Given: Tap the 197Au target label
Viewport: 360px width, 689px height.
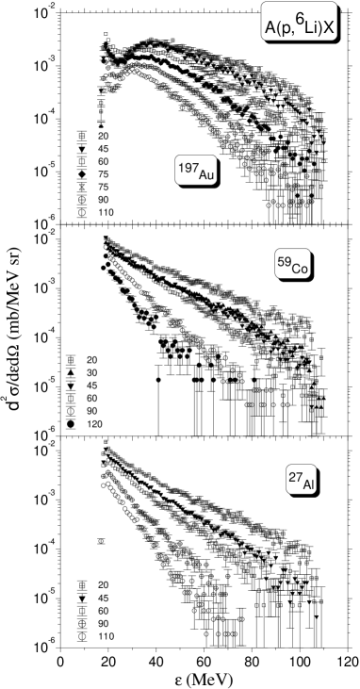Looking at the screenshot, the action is click(x=196, y=171).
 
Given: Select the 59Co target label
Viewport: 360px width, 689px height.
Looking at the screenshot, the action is click(x=292, y=267).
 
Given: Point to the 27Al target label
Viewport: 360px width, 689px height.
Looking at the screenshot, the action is click(x=302, y=480).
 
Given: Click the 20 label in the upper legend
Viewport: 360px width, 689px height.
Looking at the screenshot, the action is click(x=103, y=136).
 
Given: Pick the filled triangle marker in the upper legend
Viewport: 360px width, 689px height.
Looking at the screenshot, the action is click(x=81, y=149).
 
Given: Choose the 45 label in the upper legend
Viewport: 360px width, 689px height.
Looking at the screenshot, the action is click(x=103, y=149).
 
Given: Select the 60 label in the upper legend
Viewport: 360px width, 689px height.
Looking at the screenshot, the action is click(x=103, y=161).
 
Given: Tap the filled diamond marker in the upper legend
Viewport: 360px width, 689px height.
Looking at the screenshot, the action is click(x=81, y=174).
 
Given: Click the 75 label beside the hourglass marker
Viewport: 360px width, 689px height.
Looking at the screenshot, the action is click(x=103, y=187).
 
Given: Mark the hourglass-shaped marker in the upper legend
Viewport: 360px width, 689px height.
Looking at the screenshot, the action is click(x=81, y=187).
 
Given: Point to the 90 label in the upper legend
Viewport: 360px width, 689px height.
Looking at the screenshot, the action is click(x=103, y=200).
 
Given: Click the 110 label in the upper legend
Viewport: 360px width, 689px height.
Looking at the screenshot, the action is click(x=105, y=212).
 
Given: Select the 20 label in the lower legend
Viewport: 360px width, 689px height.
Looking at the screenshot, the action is click(x=103, y=585).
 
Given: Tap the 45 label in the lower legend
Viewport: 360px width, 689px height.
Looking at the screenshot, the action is click(x=103, y=599).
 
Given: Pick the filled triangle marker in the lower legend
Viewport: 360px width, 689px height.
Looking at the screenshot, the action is click(x=81, y=599).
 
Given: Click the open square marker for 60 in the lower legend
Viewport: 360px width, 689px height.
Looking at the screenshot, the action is click(x=81, y=611).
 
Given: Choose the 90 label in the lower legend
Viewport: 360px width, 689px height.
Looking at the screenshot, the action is click(x=103, y=624).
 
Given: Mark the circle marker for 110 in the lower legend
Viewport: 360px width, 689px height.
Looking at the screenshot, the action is click(x=81, y=636).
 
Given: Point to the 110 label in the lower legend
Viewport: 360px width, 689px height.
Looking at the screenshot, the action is click(x=105, y=636).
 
